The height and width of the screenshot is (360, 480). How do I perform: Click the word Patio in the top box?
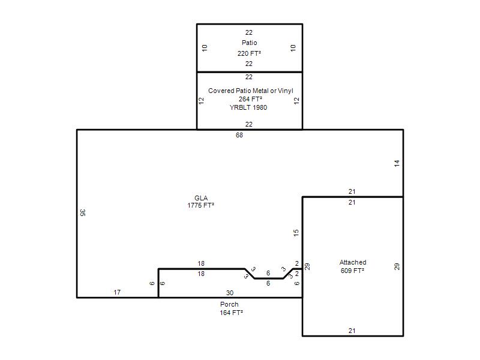tap(249, 43)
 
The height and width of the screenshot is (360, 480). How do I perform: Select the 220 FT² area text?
tap(249, 53)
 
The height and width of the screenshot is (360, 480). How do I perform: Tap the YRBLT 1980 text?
tap(248, 107)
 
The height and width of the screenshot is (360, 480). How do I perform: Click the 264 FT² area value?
tap(250, 99)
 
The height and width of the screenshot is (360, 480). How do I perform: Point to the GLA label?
tap(201, 198)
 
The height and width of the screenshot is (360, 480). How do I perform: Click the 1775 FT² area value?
tap(200, 205)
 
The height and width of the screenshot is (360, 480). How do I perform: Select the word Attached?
tap(353, 262)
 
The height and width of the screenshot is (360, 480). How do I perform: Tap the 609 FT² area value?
tap(352, 271)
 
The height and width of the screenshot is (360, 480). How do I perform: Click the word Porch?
tap(229, 304)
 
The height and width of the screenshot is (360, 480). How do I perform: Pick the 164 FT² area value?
tap(231, 313)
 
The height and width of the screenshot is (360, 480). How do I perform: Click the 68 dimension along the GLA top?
tap(239, 135)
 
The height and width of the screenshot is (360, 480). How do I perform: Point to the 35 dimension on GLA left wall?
tap(82, 212)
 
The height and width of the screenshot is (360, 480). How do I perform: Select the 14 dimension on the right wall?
tap(397, 163)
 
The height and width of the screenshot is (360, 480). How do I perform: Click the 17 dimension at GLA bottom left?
tap(117, 292)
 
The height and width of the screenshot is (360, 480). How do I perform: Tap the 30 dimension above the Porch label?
tap(230, 293)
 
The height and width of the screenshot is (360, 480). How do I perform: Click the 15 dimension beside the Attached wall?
tap(296, 233)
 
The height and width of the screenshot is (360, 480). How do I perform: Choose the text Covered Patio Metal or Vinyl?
tap(251, 91)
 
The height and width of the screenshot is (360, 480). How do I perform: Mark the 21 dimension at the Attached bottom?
tap(352, 331)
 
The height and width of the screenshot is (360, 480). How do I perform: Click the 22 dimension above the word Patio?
tap(249, 32)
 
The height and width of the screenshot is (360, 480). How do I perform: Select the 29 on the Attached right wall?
tap(397, 266)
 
